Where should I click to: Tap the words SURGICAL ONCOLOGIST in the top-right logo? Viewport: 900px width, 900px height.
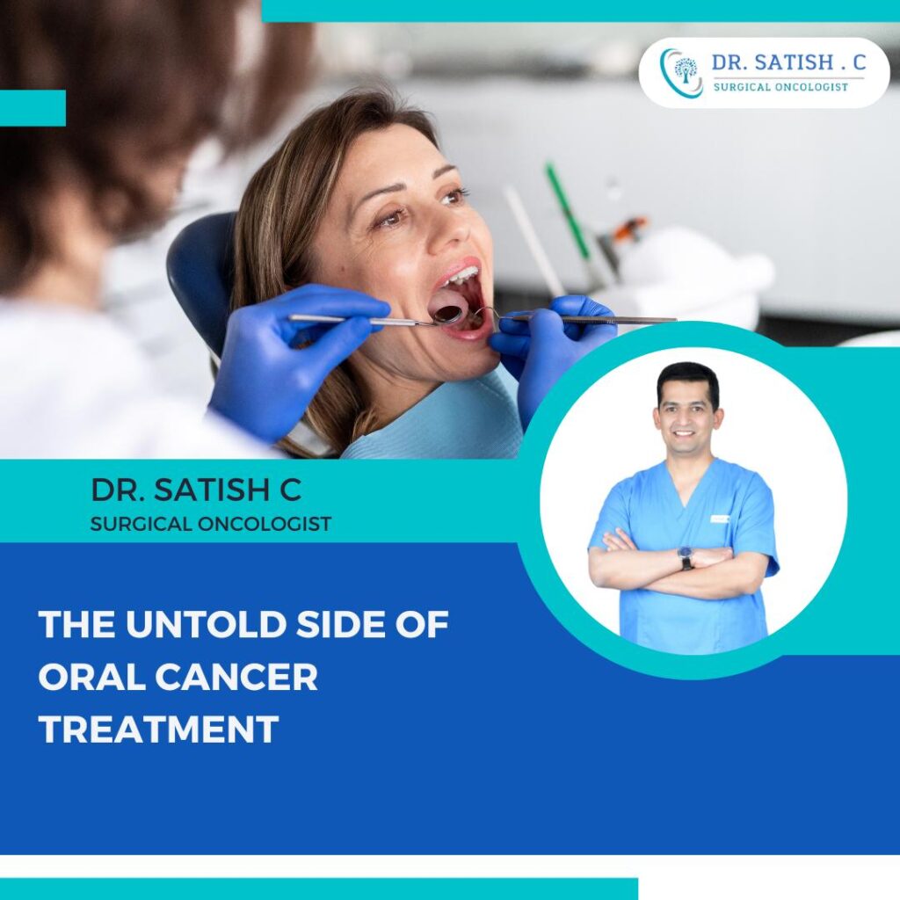[x=780, y=87]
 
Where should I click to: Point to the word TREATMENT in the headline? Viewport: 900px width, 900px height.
[x=158, y=730]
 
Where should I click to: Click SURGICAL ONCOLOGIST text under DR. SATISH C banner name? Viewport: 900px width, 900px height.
[x=211, y=524]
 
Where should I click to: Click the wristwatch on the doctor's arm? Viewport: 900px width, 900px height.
[x=686, y=558]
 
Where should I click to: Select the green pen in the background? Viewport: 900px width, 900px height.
[x=567, y=211]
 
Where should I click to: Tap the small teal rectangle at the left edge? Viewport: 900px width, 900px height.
[x=33, y=108]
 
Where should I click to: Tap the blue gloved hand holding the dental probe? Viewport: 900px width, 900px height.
[x=554, y=347]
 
